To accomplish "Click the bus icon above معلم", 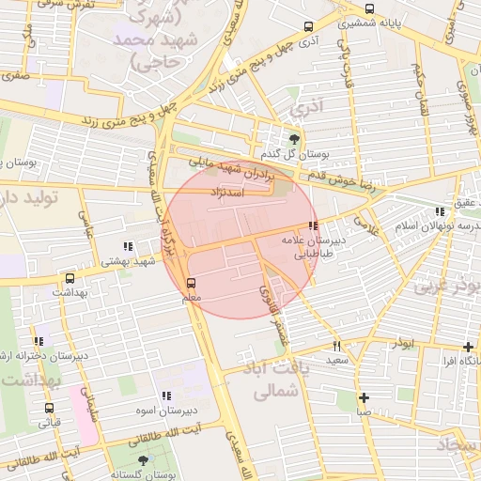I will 192,283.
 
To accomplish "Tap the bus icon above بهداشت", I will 70,278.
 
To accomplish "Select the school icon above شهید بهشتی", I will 128,247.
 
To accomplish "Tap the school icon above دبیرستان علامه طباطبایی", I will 312,225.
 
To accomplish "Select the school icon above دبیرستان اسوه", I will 166,396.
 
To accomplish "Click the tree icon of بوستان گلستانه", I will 142,460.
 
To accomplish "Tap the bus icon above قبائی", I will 49,408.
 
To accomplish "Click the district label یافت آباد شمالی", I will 277,380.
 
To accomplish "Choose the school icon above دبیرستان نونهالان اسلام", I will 439,211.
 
